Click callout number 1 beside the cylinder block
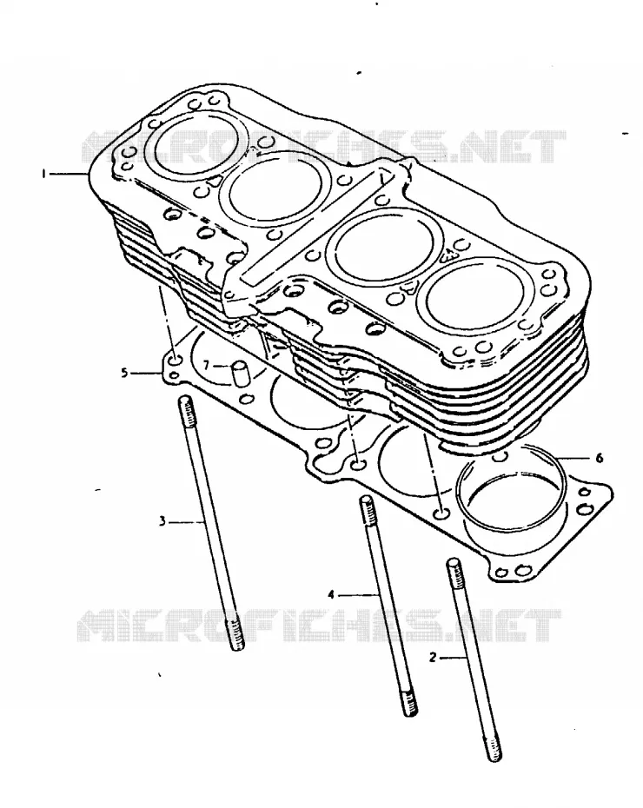[x=44, y=174]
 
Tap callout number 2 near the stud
[x=433, y=658]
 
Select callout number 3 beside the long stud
[x=162, y=522]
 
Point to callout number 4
[x=331, y=595]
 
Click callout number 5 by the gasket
[x=124, y=372]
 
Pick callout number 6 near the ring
[x=600, y=458]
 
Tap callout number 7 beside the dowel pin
[x=207, y=366]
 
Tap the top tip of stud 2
[x=453, y=561]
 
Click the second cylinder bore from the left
[x=275, y=189]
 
